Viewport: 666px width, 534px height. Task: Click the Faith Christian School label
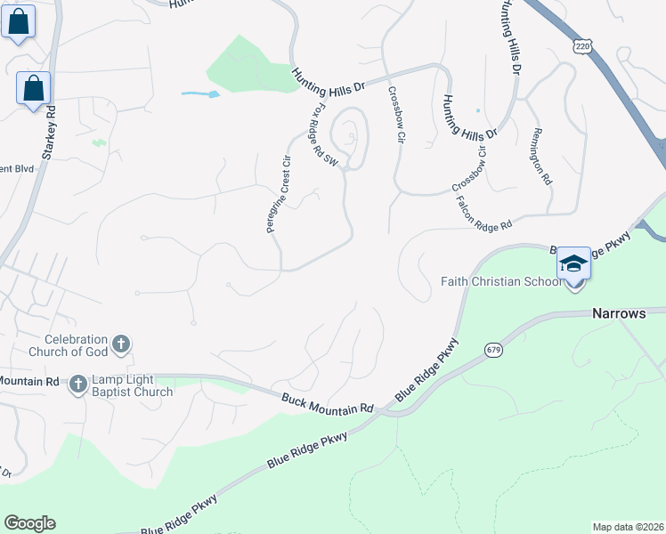(500, 282)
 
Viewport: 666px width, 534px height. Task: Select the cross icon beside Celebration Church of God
(122, 343)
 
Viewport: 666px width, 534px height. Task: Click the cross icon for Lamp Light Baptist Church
(77, 384)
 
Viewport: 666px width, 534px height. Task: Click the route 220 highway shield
(582, 46)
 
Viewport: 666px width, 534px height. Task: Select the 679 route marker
(494, 350)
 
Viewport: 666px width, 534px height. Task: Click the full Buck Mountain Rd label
(328, 403)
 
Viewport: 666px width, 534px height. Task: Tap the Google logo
(29, 523)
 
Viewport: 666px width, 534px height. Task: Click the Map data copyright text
(629, 526)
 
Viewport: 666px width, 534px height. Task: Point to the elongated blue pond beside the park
(199, 93)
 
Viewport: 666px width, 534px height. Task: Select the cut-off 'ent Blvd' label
(17, 167)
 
